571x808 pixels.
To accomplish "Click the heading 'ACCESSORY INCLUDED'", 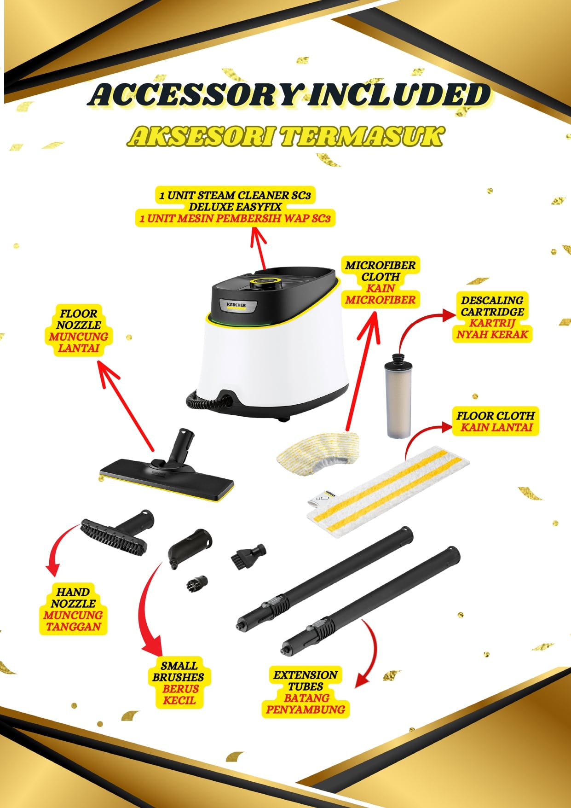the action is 289,95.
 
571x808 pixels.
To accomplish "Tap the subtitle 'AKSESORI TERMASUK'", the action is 286,137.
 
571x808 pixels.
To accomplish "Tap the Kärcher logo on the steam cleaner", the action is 236,305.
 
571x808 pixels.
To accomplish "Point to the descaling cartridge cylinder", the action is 398,395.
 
